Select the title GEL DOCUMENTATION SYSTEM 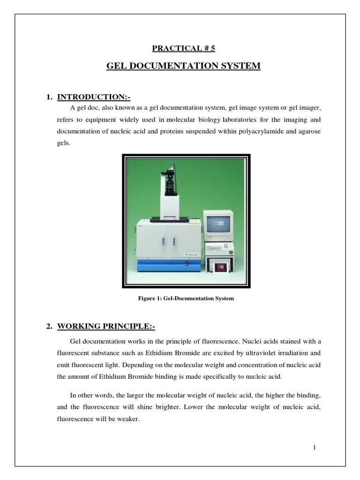[183, 66]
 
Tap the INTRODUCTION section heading [94, 97]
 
